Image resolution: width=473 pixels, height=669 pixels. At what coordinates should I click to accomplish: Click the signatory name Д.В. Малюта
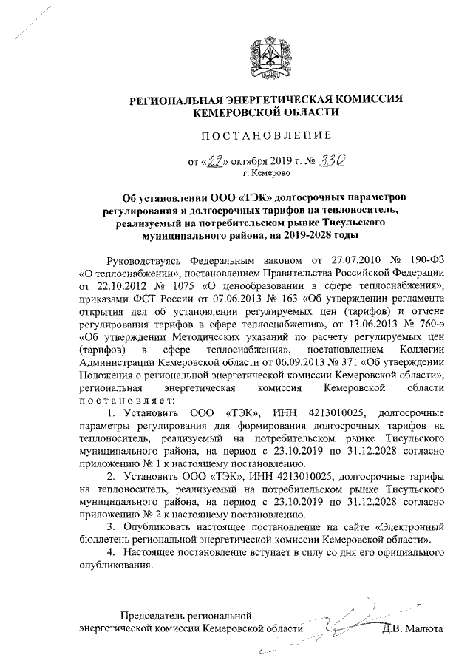[x=412, y=628]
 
